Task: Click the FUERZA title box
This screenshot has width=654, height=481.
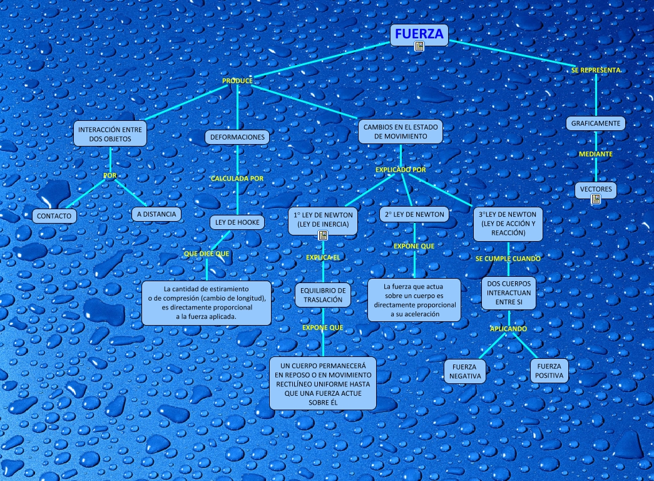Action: (x=419, y=35)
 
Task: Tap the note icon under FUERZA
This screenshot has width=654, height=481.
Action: (x=419, y=46)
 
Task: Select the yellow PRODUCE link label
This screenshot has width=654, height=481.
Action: (x=237, y=81)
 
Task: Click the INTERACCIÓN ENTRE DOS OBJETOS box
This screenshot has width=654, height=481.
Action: (x=110, y=134)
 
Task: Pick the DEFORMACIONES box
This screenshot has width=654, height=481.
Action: (x=237, y=137)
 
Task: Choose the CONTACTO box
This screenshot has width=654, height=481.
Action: (x=54, y=215)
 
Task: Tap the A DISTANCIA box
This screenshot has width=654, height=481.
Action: (x=156, y=214)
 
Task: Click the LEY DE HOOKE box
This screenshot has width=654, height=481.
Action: (x=237, y=222)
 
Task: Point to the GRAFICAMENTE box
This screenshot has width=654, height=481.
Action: (x=596, y=123)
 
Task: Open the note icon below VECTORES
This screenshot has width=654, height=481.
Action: (x=596, y=199)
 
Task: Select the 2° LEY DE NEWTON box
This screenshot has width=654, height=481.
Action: (x=414, y=214)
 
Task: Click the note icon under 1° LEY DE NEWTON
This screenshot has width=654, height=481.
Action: (x=323, y=235)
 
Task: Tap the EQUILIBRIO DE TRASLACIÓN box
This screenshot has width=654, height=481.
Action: (x=323, y=295)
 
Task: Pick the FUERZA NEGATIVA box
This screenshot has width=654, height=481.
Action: (x=465, y=371)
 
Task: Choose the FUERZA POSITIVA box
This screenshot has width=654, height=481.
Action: (x=549, y=371)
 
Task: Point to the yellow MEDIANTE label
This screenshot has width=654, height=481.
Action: (x=596, y=153)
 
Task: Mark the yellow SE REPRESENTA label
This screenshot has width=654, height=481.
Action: (x=596, y=70)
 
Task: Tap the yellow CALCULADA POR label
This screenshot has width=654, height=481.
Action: (x=237, y=178)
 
